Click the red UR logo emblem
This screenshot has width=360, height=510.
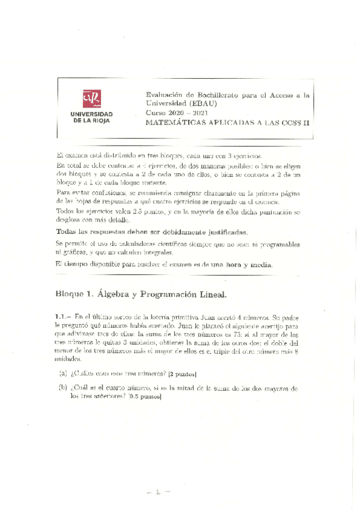(x=91, y=98)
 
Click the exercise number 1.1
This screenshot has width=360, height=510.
(x=63, y=317)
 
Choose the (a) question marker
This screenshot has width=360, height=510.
(x=63, y=373)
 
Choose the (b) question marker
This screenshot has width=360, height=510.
(x=63, y=388)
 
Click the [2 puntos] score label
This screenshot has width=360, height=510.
(x=180, y=374)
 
